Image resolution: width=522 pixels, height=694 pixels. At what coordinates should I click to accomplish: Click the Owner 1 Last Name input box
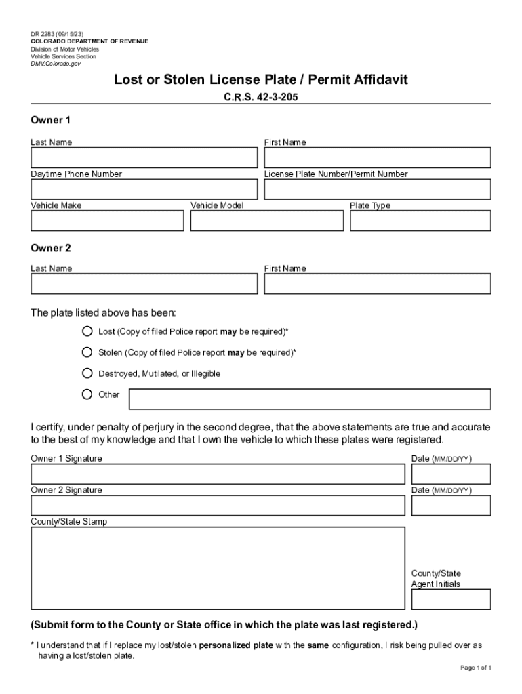[144, 158]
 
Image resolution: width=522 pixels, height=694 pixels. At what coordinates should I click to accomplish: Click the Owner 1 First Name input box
[377, 158]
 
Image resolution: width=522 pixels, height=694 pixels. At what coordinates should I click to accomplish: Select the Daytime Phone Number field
[144, 189]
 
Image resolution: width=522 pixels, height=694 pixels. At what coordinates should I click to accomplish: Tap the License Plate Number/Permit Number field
[377, 189]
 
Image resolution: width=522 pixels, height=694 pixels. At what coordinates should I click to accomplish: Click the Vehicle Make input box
[107, 221]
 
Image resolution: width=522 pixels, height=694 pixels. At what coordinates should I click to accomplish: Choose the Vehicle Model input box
[267, 221]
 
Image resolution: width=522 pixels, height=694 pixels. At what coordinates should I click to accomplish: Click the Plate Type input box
[420, 221]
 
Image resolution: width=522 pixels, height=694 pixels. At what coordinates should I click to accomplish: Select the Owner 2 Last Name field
[144, 284]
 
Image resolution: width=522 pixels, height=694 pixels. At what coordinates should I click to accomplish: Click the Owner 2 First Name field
[377, 284]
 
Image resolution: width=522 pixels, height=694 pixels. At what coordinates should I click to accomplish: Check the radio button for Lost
[87, 332]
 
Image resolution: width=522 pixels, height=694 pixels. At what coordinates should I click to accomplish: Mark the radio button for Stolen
[87, 352]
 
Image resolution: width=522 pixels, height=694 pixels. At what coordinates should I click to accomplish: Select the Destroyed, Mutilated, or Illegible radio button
[87, 373]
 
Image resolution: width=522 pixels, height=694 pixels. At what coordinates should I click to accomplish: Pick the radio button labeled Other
[87, 394]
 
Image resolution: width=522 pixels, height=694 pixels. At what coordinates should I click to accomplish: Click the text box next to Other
[310, 399]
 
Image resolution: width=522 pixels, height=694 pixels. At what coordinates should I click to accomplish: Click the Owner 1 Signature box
[218, 474]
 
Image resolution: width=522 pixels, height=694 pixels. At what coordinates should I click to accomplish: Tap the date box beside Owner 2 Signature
[451, 506]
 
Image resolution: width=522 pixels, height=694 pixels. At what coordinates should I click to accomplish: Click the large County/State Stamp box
[218, 568]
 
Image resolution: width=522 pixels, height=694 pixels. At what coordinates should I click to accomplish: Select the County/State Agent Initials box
[451, 599]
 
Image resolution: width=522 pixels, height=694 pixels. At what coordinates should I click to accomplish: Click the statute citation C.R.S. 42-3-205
[261, 97]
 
